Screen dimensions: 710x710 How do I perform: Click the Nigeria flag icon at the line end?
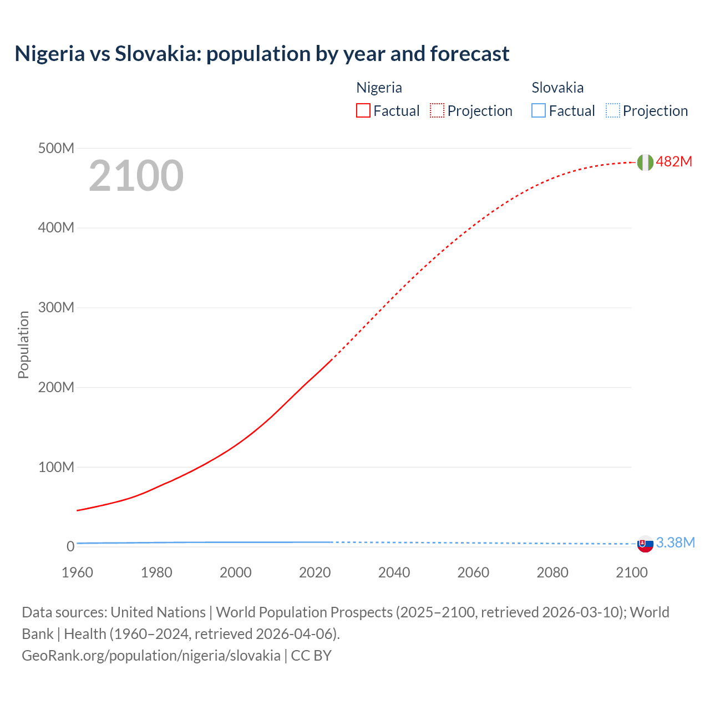click(x=645, y=162)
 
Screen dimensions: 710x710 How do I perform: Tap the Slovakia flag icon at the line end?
click(x=645, y=544)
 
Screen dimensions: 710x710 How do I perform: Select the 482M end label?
click(x=674, y=161)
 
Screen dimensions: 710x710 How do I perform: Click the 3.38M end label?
click(x=675, y=542)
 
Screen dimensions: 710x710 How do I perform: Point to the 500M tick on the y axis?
click(x=56, y=148)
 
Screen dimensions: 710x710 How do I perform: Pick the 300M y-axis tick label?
click(x=56, y=307)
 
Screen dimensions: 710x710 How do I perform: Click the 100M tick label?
click(x=56, y=467)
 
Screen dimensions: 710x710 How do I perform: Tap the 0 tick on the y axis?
click(x=70, y=546)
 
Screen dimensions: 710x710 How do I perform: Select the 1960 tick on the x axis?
click(x=77, y=572)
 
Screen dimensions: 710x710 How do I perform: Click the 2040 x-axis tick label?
click(x=394, y=572)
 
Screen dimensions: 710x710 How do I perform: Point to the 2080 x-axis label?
click(x=552, y=572)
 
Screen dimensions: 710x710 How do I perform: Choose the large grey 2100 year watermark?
click(x=136, y=176)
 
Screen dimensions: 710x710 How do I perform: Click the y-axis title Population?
click(x=23, y=344)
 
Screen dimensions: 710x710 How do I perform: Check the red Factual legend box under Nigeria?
click(x=363, y=110)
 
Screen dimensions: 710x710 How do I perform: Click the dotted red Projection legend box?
click(x=437, y=110)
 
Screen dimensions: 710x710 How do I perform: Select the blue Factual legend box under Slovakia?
click(x=539, y=110)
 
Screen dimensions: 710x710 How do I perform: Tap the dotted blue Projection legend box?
click(x=612, y=110)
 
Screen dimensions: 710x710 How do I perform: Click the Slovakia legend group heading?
click(x=557, y=88)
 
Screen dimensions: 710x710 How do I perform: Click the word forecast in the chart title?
click(x=469, y=54)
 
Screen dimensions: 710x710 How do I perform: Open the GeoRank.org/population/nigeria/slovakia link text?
click(x=151, y=655)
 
